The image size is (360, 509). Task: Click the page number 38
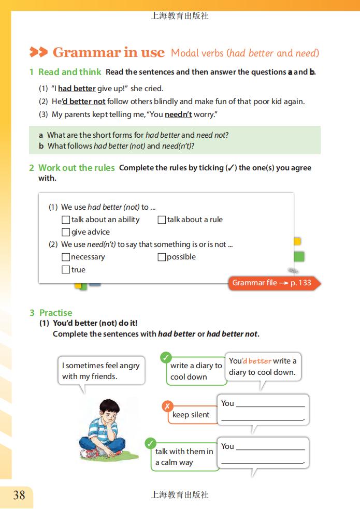(x=19, y=496)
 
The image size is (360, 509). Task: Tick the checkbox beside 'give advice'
(x=66, y=232)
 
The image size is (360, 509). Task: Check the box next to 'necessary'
(x=66, y=257)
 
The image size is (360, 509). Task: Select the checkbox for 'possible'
(x=162, y=257)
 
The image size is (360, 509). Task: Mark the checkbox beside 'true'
(x=66, y=270)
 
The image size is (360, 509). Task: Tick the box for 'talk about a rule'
(x=162, y=220)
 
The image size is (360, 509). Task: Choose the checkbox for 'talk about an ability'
(x=66, y=220)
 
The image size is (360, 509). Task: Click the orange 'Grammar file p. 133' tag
(x=272, y=283)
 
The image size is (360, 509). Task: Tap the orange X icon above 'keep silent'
(x=167, y=406)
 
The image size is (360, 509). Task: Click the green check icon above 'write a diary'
(x=166, y=357)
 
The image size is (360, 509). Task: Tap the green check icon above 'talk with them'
(x=151, y=443)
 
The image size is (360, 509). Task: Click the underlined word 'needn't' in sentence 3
(x=178, y=114)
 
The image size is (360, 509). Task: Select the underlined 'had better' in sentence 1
(x=77, y=89)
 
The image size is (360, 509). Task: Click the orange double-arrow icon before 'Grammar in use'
(x=38, y=52)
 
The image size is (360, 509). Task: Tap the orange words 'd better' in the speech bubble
(x=257, y=361)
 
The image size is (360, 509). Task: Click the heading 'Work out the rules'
(x=76, y=168)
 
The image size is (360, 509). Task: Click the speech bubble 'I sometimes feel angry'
(x=101, y=371)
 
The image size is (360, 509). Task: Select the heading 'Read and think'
(x=69, y=72)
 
